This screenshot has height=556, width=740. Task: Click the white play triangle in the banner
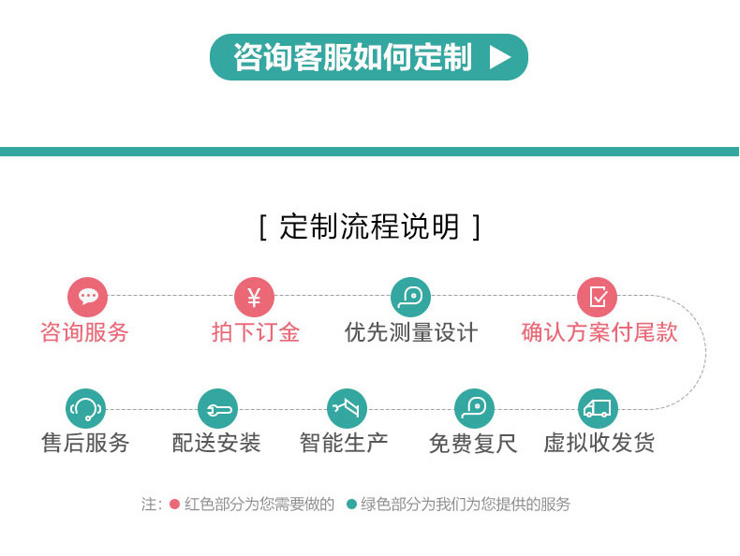(x=499, y=57)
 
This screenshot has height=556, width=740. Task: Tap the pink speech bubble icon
(x=87, y=297)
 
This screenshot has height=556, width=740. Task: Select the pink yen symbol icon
(x=254, y=297)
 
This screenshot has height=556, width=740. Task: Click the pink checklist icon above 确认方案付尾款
(x=597, y=297)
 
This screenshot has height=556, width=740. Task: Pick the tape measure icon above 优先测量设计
(x=410, y=297)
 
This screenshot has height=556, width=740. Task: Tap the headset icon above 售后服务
(x=85, y=408)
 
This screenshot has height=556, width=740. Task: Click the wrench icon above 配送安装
(x=217, y=408)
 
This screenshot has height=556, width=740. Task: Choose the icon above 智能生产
(x=347, y=408)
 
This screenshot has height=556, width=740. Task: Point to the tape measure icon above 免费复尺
(x=474, y=408)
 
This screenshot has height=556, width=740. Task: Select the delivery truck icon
(x=598, y=408)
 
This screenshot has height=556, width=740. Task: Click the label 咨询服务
(x=84, y=332)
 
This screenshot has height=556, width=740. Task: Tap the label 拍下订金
(x=256, y=332)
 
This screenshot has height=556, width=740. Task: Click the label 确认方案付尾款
(x=599, y=332)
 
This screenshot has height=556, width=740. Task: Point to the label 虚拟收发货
(x=599, y=444)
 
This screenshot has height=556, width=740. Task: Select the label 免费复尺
(x=473, y=444)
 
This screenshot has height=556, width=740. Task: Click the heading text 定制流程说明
(x=369, y=227)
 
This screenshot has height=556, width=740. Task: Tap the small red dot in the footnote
(x=174, y=505)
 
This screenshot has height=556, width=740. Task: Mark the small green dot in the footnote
(x=351, y=505)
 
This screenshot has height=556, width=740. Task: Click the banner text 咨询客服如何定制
(x=352, y=57)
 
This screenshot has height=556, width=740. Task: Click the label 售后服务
(x=85, y=444)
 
